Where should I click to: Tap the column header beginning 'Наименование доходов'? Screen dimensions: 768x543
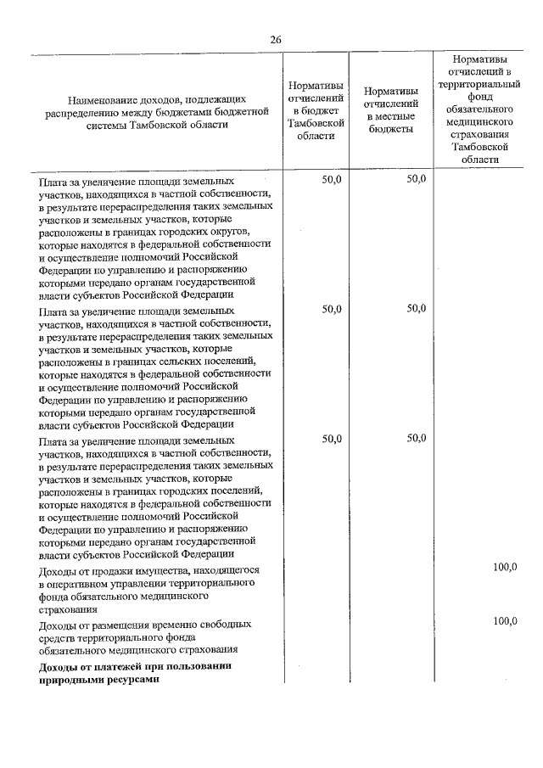click(x=159, y=110)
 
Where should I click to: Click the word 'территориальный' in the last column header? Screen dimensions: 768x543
click(x=481, y=85)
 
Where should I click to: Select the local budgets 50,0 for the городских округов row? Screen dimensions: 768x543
click(x=416, y=180)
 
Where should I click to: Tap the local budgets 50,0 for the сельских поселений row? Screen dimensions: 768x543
click(x=416, y=310)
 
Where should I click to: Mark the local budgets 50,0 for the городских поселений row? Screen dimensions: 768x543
click(x=416, y=439)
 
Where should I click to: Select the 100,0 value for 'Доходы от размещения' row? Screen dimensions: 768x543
click(x=505, y=621)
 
